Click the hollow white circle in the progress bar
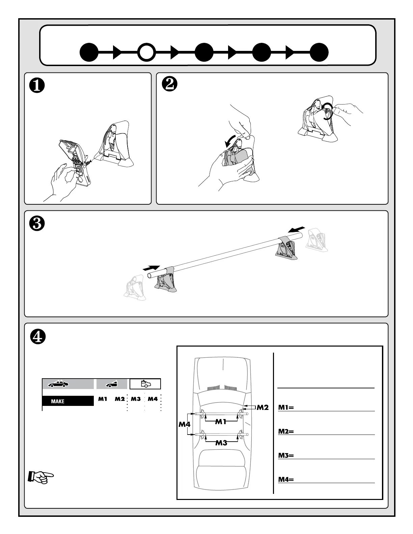click(x=147, y=53)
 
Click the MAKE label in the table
click(x=58, y=401)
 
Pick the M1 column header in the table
click(x=103, y=399)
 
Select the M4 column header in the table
click(x=153, y=399)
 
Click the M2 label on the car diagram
click(x=262, y=408)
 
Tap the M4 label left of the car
click(x=184, y=424)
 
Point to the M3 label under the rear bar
click(x=221, y=443)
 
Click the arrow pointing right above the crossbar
click(x=151, y=268)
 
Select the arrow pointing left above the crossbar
click(x=297, y=230)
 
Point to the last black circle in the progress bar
click(x=319, y=53)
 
